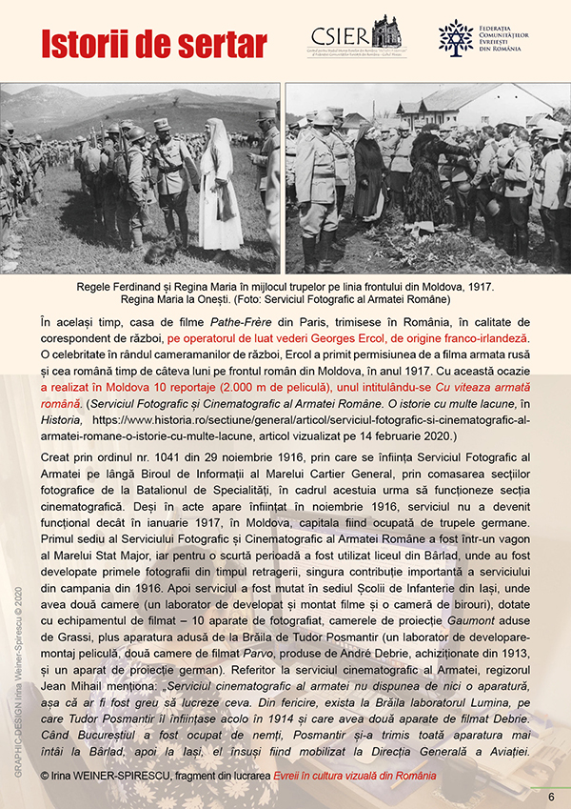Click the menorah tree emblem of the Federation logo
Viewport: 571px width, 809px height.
coord(456,37)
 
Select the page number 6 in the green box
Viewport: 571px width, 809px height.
coord(550,796)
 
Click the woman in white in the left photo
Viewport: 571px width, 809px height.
coord(218,191)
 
